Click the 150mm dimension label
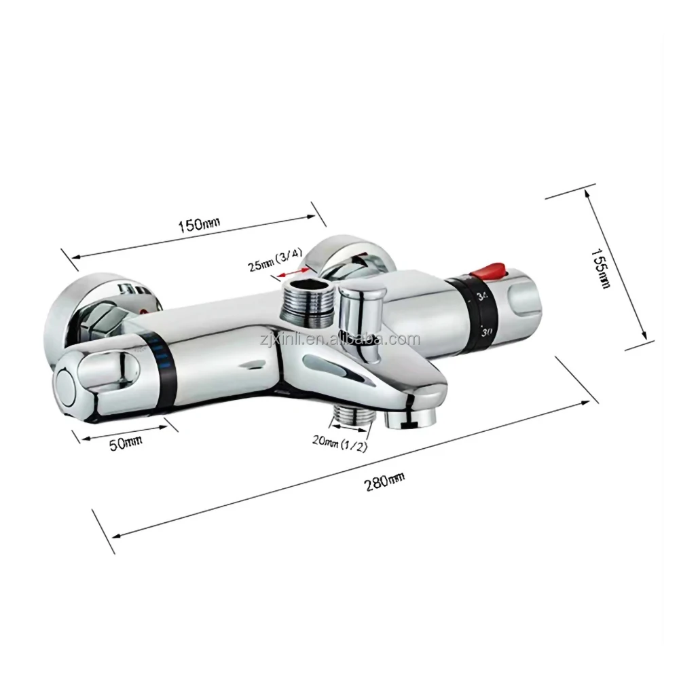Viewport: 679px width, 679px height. [199, 223]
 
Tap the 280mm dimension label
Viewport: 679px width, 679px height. [384, 481]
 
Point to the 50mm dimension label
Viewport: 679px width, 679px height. [126, 443]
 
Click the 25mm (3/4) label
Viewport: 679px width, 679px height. [274, 259]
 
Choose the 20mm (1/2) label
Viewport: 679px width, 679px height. [340, 443]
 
